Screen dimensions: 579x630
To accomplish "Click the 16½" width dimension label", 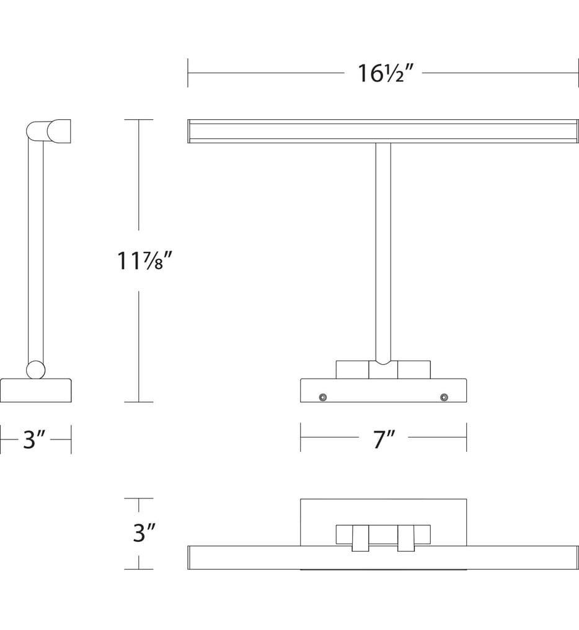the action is point(384,73).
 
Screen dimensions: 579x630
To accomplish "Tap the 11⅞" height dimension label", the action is point(144,261).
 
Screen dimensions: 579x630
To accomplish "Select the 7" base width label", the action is point(384,439).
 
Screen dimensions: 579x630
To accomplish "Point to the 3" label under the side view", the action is point(34,439).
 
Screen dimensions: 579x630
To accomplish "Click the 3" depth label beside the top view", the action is point(144,533).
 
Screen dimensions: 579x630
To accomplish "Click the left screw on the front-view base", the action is point(322,397).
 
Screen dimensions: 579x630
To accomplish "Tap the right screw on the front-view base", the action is point(444,397).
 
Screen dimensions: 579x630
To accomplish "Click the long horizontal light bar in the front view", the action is point(383,131).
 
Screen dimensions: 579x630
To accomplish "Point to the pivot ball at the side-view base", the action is point(36,370).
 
